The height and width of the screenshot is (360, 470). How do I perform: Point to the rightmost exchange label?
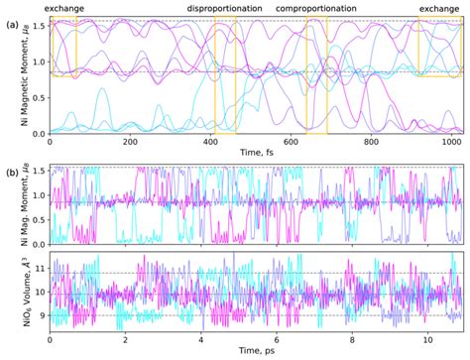(438, 8)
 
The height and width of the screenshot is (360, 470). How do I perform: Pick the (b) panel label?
(11, 171)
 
